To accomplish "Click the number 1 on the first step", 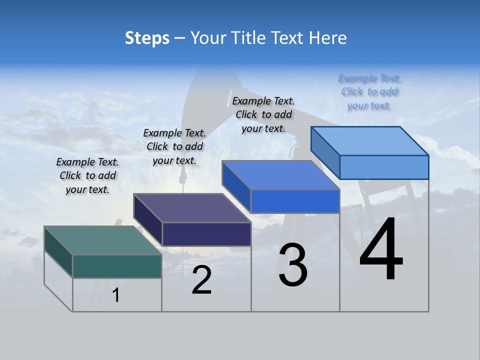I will pos(116,295).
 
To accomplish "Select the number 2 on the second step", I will pos(201,280).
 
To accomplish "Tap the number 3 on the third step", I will pos(293,265).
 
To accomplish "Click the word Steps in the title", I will pos(147,38).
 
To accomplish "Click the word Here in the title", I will pos(328,38).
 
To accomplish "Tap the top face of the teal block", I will pos(102,240).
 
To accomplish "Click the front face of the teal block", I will pos(117,266).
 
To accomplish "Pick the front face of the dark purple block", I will pos(206,234).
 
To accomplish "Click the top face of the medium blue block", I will pos(280,175).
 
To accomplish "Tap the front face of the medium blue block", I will pos(295,201).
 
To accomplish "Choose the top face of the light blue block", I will pos(369,140).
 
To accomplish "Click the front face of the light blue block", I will pos(384,167).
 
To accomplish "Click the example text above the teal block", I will pos(87,175).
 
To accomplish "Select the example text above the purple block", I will pos(174,146).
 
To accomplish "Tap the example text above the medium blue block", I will pos(263,114).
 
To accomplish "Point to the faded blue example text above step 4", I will pos(369,91).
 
